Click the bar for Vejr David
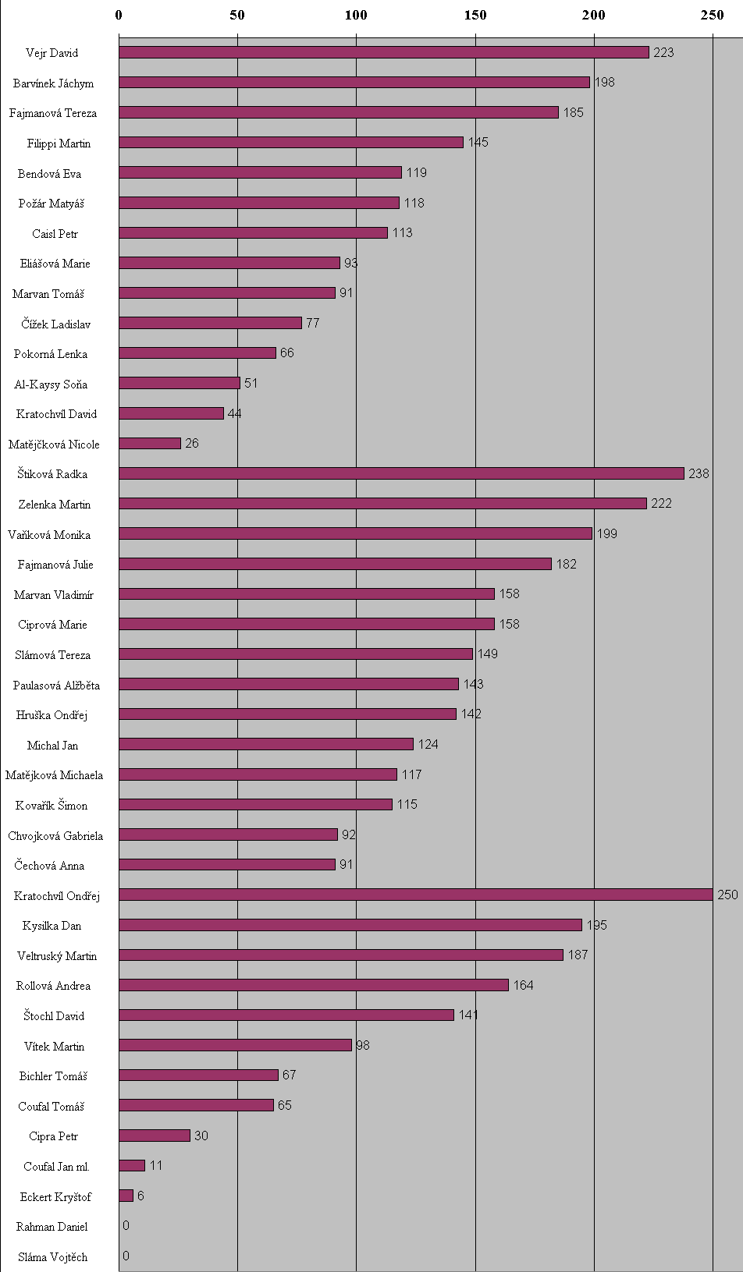384,52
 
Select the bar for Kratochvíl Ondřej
416,895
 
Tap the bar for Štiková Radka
401,473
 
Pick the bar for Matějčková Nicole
150,443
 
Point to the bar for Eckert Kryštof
126,1196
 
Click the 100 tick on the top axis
356,15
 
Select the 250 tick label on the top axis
712,15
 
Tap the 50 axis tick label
237,15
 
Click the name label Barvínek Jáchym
53,83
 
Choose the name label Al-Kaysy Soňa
51,384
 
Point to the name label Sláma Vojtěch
52,1256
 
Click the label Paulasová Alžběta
56,685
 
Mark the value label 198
604,82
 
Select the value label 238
699,473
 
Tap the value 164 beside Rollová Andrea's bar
523,985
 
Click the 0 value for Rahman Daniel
126,1225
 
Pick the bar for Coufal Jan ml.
132,1165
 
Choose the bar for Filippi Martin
291,142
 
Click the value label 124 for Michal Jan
428,744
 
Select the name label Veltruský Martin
57,955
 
